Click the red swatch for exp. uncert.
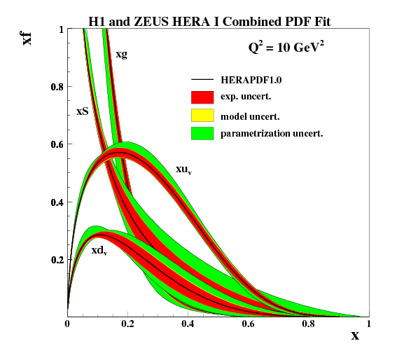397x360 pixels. [202, 97]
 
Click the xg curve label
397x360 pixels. [121, 54]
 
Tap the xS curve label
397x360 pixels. [82, 111]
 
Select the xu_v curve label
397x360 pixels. [185, 170]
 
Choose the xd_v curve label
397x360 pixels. [99, 250]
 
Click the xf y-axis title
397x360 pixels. [28, 36]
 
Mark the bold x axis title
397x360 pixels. [355, 335]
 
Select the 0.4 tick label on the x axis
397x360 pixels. [188, 325]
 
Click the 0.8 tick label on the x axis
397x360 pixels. [308, 325]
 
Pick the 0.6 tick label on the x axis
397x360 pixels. [248, 325]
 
